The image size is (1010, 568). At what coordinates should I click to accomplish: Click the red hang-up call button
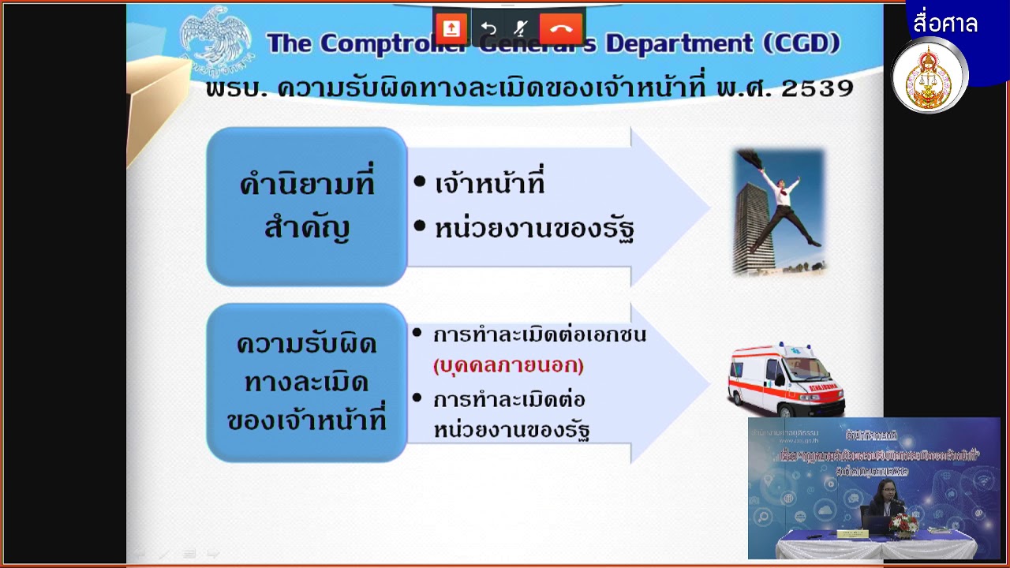(561, 29)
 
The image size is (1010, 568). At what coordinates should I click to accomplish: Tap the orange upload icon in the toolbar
(451, 29)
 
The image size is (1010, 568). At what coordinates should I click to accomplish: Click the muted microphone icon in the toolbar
(520, 29)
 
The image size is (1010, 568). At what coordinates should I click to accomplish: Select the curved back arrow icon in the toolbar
(488, 29)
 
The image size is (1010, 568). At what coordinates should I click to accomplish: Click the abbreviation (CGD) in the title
(802, 43)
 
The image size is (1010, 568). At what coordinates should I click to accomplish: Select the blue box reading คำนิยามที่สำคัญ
(306, 206)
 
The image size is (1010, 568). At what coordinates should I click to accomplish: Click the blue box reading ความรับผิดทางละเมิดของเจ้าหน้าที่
(306, 383)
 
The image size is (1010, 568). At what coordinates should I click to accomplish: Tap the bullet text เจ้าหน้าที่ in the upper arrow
(490, 185)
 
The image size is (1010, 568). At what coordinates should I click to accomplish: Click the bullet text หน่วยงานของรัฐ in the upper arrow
(534, 229)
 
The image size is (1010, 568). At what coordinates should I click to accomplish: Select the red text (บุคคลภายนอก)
(508, 366)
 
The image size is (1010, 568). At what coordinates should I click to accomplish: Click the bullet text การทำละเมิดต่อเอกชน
(539, 334)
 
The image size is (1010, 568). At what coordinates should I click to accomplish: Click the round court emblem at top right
(930, 77)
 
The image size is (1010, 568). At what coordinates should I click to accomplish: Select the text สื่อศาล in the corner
(945, 24)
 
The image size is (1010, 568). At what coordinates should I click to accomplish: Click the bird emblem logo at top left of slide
(215, 35)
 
